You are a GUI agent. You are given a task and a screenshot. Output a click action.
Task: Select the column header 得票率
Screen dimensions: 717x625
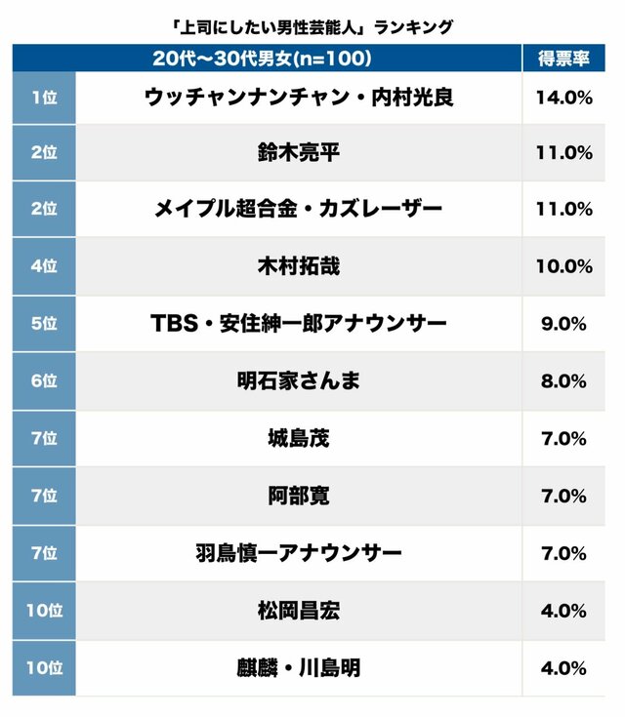click(562, 59)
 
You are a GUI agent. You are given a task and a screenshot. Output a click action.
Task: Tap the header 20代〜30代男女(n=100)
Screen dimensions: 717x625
click(263, 59)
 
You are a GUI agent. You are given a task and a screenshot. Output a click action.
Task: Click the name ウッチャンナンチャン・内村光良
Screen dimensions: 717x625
click(299, 98)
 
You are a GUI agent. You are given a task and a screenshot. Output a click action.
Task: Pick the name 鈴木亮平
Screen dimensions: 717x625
click(299, 152)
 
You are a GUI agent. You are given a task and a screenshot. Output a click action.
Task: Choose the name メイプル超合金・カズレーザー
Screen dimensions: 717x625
click(299, 209)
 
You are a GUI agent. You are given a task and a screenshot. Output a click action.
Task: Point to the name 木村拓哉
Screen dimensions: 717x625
click(299, 265)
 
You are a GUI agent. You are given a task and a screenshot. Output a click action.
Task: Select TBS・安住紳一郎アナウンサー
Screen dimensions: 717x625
click(299, 323)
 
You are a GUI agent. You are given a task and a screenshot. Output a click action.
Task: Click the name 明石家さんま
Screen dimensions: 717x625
click(299, 380)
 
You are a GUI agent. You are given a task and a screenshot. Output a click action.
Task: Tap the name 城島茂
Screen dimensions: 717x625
click(299, 438)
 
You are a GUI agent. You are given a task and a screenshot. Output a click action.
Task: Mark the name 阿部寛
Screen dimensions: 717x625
click(299, 496)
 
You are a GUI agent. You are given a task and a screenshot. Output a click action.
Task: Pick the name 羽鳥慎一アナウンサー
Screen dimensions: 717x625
click(299, 553)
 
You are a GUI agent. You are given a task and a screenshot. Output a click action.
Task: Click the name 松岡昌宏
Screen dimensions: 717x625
click(299, 611)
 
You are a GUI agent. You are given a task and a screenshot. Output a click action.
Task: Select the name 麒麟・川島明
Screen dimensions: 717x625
click(299, 668)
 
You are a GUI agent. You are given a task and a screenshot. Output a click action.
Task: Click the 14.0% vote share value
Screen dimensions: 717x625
click(562, 98)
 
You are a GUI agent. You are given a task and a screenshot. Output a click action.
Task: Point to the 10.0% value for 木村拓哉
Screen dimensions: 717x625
click(562, 265)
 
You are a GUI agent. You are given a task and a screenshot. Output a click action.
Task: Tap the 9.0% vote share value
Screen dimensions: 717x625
click(562, 323)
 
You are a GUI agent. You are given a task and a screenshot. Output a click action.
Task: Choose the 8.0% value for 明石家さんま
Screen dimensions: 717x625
click(562, 380)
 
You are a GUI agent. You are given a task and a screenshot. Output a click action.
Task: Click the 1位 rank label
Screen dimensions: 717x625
click(44, 98)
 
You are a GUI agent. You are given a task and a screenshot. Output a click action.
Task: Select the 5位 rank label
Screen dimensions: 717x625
click(44, 323)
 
